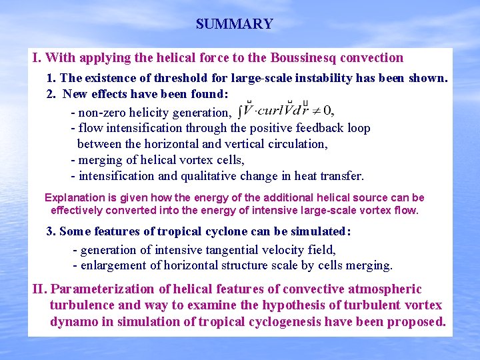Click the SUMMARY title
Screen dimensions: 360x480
(234, 25)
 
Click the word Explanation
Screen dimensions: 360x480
(75, 198)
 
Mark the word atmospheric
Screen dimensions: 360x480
(382, 289)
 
